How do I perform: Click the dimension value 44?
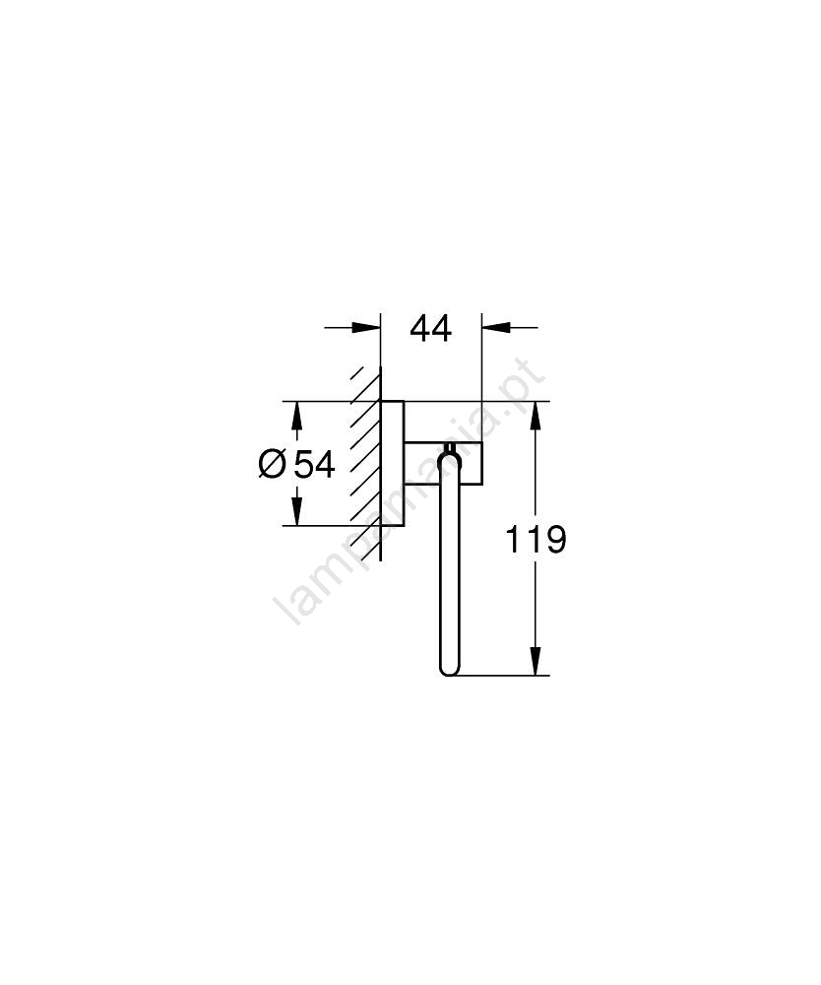[430, 329]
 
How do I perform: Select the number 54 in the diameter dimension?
[315, 465]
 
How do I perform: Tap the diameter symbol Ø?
[273, 465]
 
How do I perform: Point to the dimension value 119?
[537, 540]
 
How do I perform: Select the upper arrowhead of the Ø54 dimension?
[297, 416]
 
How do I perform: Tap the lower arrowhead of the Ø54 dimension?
[297, 510]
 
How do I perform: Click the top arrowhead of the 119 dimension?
[536, 416]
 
